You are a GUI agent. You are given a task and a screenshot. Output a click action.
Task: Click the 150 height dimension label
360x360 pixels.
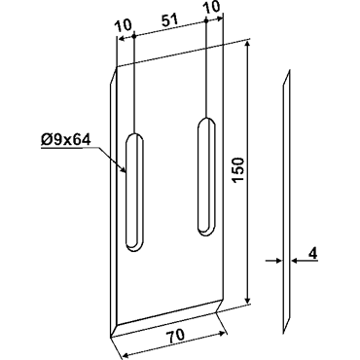(x=238, y=170)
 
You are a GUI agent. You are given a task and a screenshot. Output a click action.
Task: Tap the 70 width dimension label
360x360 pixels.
(x=176, y=335)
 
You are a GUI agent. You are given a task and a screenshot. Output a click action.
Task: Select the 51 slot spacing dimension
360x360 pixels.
(x=169, y=20)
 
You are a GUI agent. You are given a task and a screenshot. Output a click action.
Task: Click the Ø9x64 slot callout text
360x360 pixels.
(x=65, y=140)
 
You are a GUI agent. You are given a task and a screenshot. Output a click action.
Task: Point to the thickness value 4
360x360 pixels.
(x=312, y=253)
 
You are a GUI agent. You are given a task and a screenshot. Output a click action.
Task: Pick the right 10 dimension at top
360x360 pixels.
(x=212, y=7)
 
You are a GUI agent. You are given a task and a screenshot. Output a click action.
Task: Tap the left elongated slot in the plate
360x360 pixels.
(x=134, y=192)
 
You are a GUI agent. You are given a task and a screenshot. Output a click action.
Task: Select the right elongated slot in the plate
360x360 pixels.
(x=206, y=176)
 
